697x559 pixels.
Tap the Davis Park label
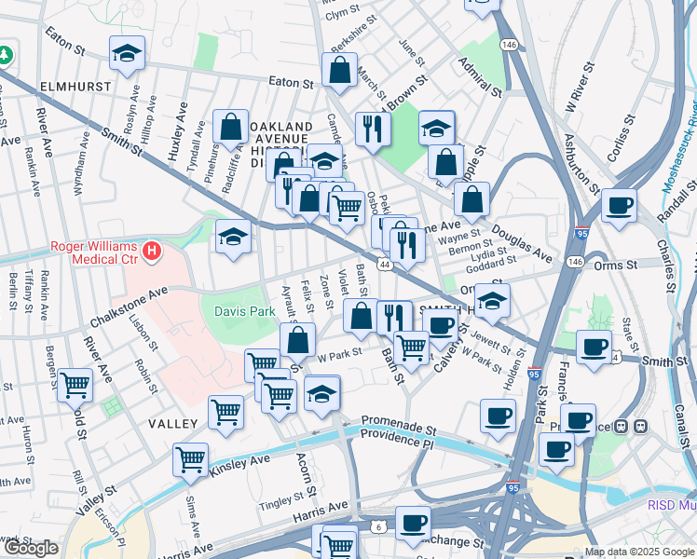click(x=246, y=311)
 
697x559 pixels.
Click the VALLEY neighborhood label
click(x=172, y=424)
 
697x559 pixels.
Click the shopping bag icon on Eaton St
click(x=340, y=70)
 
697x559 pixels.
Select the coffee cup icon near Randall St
click(x=618, y=207)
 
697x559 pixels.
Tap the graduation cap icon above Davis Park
click(x=233, y=237)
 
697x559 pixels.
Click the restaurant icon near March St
click(x=373, y=128)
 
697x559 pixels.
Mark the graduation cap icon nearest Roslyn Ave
click(x=127, y=53)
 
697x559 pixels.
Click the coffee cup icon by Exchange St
click(x=412, y=524)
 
